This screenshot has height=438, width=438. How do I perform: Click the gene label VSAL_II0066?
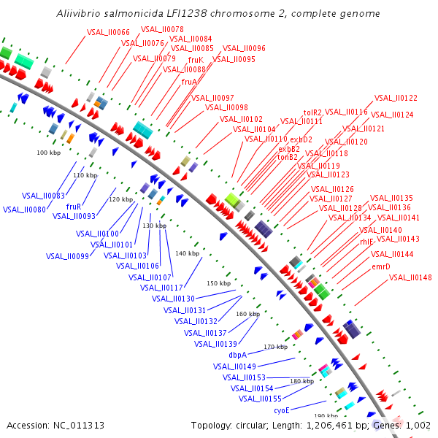pos(108,32)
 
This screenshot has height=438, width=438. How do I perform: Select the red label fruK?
pos(196,60)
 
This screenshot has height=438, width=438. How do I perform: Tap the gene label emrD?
pos(381,266)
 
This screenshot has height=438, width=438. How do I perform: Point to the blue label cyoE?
pos(282,410)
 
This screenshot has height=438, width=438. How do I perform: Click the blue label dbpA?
pos(238,355)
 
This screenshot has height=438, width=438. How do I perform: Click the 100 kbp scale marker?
pos(47,153)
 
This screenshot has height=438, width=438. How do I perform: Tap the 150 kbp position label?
pos(218,283)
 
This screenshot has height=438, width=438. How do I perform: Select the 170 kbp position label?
pos(275,347)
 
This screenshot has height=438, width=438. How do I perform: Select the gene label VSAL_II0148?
pos(410,277)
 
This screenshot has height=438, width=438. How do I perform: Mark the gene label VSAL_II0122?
pos(396,98)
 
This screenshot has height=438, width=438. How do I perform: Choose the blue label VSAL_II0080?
pos(24,210)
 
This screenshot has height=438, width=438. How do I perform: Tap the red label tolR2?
pos(312,112)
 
